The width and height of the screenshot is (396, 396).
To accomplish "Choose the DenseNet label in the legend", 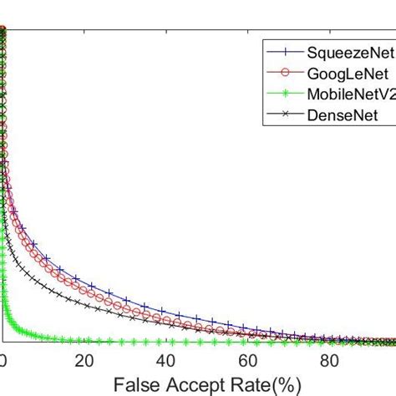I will pos(338,116).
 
